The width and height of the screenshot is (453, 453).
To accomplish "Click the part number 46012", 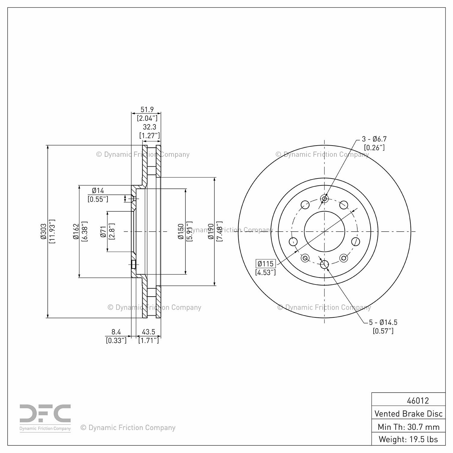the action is [418, 400].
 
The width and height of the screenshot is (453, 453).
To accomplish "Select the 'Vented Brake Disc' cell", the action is [408, 413].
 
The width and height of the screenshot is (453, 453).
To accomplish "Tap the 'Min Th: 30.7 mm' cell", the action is [408, 426].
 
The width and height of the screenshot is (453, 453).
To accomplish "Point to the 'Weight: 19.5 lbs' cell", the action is [408, 439].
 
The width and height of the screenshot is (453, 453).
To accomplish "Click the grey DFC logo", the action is [45, 418].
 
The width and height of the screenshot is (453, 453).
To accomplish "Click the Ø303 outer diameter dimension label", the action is [43, 231].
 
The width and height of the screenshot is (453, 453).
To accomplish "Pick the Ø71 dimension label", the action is [104, 231].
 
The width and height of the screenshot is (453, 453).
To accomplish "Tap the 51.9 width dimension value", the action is [147, 109].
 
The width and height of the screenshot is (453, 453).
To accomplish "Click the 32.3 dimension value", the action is [149, 127].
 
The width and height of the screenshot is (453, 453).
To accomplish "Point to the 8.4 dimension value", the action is [116, 332].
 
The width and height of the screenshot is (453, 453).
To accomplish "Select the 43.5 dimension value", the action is [148, 332].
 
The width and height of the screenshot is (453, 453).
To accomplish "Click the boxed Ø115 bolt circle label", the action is [266, 264].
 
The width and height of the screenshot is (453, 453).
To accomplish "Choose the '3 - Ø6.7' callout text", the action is [374, 139].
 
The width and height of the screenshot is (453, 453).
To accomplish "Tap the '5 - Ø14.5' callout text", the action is [383, 322].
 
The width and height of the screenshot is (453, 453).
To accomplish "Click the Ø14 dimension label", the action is [98, 191].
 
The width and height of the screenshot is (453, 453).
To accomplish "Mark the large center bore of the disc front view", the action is [324, 231].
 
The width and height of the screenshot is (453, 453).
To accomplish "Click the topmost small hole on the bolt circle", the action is [324, 199].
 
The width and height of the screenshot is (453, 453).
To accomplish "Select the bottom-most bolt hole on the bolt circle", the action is [324, 265].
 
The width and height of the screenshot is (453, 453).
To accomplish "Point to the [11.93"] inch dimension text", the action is [52, 231].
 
